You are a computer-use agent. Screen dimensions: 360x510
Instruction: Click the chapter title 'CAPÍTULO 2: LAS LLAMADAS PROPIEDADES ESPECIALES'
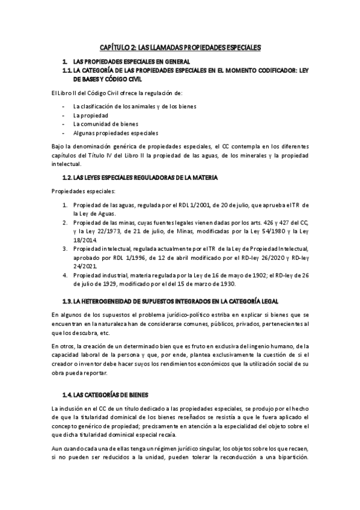point(180,47)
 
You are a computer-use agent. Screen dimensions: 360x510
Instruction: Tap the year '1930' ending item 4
point(227,284)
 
